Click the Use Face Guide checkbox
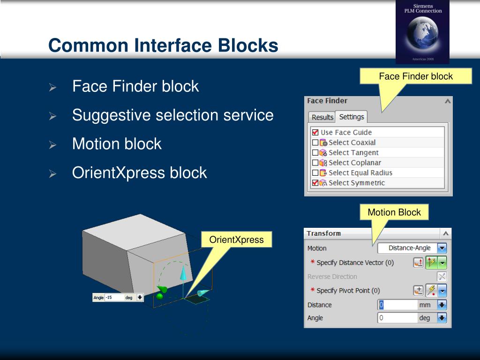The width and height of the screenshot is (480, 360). [315, 132]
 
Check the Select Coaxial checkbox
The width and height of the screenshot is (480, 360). [315, 142]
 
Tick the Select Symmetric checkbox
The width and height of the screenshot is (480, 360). [315, 183]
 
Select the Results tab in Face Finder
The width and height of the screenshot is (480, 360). [322, 117]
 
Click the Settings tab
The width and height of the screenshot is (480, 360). [352, 117]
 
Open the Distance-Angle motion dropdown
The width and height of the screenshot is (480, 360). [442, 248]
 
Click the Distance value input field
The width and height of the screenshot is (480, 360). [397, 305]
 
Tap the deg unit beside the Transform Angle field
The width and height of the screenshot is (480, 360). [424, 318]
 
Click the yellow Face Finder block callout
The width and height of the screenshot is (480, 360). [416, 76]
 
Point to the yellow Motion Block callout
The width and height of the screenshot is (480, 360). [394, 212]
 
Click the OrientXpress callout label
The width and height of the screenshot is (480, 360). [236, 240]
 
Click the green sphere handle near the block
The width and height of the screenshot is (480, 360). [160, 296]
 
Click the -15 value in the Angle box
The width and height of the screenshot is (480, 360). [109, 298]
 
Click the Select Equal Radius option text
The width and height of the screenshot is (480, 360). [360, 172]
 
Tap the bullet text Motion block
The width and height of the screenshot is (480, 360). [117, 144]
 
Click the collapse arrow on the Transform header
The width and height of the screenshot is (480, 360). [446, 233]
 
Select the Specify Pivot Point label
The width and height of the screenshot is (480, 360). [348, 291]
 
